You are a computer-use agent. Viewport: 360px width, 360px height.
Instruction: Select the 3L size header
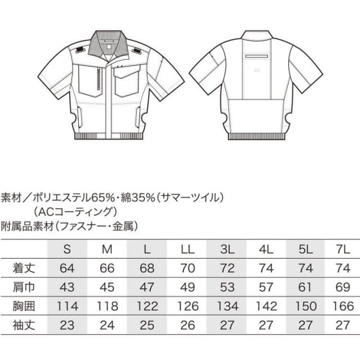(x=227, y=249)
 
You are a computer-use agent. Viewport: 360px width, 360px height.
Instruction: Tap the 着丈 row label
(x=24, y=268)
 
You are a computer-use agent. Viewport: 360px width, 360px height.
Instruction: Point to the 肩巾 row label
(x=24, y=287)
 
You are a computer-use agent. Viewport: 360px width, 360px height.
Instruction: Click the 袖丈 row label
(x=24, y=325)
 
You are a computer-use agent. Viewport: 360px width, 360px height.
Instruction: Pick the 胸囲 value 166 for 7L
(x=343, y=306)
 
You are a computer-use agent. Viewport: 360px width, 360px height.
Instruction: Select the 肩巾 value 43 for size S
(x=67, y=287)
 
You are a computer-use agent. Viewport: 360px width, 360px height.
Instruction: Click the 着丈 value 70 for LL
(x=187, y=268)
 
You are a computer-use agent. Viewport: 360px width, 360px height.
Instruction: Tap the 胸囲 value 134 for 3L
(x=227, y=306)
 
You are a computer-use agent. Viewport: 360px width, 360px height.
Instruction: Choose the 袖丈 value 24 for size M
(x=107, y=325)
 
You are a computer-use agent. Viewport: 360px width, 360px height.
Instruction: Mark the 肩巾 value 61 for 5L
(x=305, y=287)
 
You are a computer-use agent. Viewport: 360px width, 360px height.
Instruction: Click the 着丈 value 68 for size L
(x=147, y=268)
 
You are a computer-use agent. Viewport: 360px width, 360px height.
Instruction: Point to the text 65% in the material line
(x=102, y=198)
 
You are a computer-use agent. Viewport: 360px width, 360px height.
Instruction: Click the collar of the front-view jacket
(x=108, y=44)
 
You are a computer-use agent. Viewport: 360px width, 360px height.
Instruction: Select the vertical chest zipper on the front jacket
(x=100, y=78)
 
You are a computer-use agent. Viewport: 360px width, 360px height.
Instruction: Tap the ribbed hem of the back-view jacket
(x=256, y=136)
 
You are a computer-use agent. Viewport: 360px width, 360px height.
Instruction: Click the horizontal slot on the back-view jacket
(x=256, y=56)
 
